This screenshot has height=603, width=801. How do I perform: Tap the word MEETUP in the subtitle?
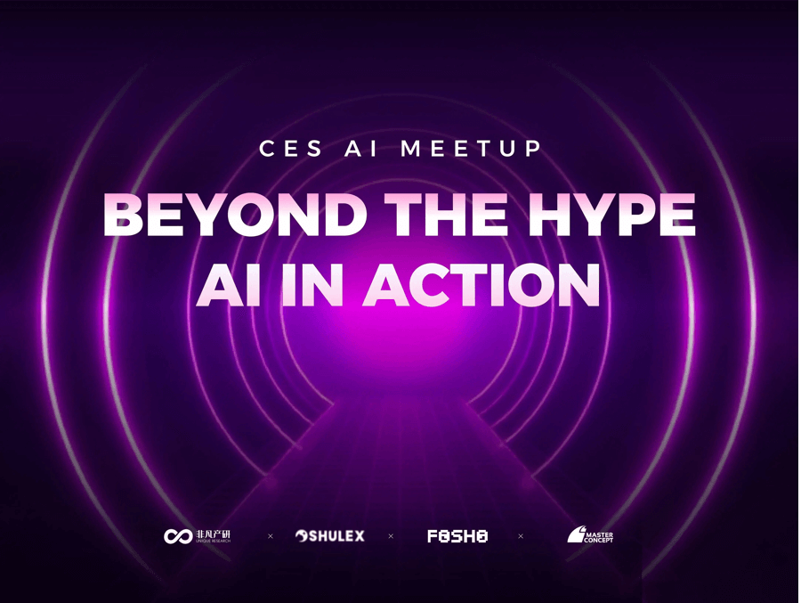click(x=471, y=148)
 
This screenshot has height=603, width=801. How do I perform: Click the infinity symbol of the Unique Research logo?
click(x=176, y=536)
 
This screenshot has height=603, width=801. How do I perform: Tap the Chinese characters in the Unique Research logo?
click(x=213, y=533)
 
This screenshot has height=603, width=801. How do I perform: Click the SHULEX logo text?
click(x=337, y=536)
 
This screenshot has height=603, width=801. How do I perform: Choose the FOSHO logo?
click(x=457, y=536)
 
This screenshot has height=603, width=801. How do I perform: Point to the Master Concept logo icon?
click(x=575, y=535)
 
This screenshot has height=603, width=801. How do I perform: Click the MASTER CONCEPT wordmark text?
click(x=598, y=537)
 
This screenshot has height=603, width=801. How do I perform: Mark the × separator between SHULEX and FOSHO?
click(x=391, y=536)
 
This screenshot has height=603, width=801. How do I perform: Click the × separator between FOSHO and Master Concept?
click(x=521, y=536)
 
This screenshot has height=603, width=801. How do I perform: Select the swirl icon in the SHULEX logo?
click(x=302, y=536)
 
